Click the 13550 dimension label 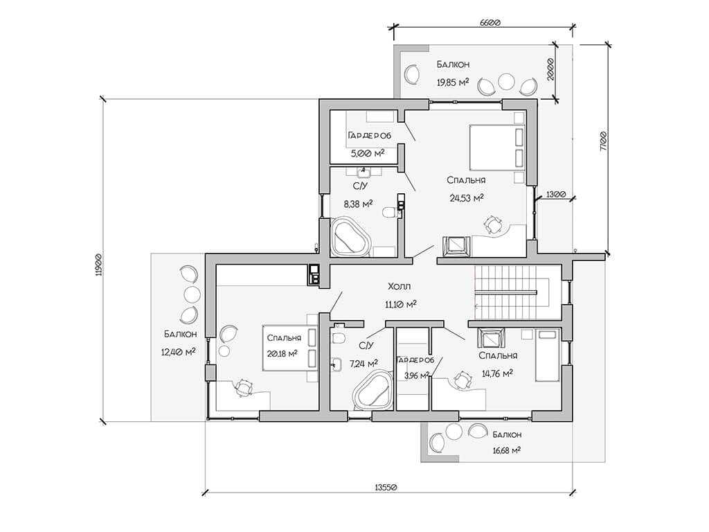[386, 487]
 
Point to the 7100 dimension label [603, 141]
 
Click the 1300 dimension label [556, 195]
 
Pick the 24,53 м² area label [467, 197]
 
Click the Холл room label [400, 286]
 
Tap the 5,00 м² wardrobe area [368, 153]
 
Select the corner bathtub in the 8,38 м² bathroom [349, 237]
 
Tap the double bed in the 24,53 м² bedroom [497, 147]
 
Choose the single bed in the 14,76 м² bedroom [548, 355]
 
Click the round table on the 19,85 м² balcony [506, 82]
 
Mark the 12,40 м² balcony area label [178, 351]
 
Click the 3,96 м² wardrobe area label [416, 375]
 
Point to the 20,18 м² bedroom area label [282, 353]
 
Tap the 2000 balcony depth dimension [550, 69]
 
